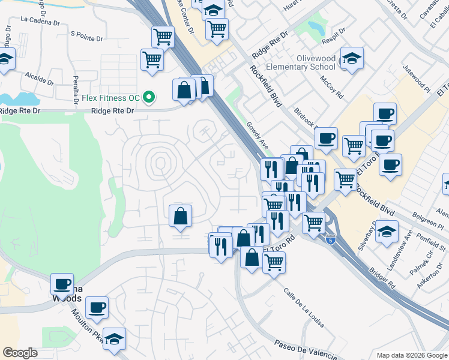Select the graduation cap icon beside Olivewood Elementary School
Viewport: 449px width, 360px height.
coord(352,58)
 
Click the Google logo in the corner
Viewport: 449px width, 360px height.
coord(20,353)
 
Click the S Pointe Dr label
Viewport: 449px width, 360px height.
coord(87,34)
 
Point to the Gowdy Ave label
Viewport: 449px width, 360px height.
coord(257,137)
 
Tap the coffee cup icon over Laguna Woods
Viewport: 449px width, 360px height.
coord(62,283)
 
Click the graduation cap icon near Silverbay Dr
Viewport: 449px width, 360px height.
coord(387,231)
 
